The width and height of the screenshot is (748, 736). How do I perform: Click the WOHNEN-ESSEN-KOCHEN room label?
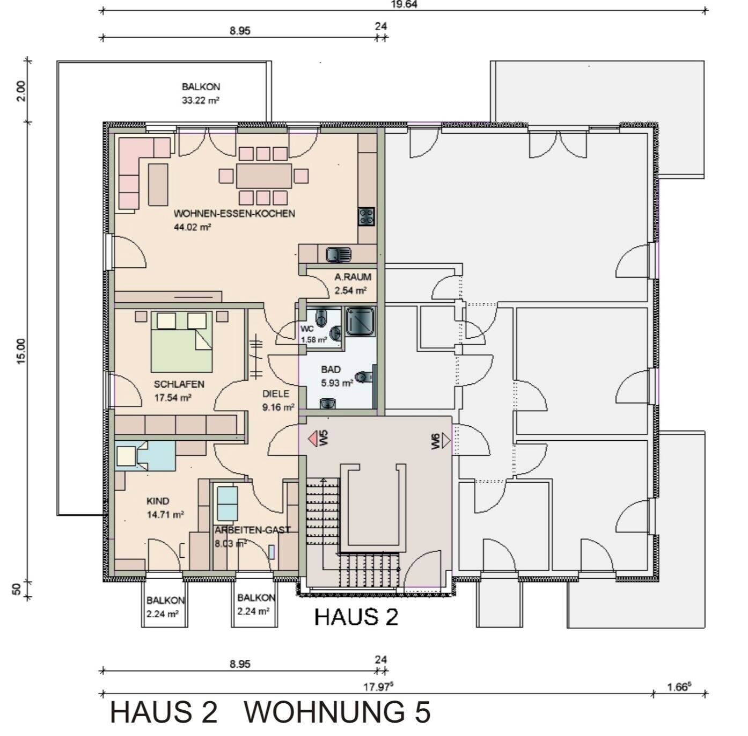[234, 214]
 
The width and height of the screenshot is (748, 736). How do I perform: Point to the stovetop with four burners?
[367, 216]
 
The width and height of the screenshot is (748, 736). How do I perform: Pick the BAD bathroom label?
[331, 369]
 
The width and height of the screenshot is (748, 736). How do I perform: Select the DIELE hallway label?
[275, 394]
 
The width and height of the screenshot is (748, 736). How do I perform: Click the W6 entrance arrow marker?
[445, 441]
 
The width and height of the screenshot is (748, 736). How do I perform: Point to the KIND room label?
[158, 501]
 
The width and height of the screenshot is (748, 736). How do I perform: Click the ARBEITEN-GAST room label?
[252, 530]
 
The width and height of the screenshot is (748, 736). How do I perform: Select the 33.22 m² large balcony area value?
[200, 100]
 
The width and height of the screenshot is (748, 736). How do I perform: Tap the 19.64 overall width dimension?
[404, 4]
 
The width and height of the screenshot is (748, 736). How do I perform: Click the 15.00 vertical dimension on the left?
[20, 352]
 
